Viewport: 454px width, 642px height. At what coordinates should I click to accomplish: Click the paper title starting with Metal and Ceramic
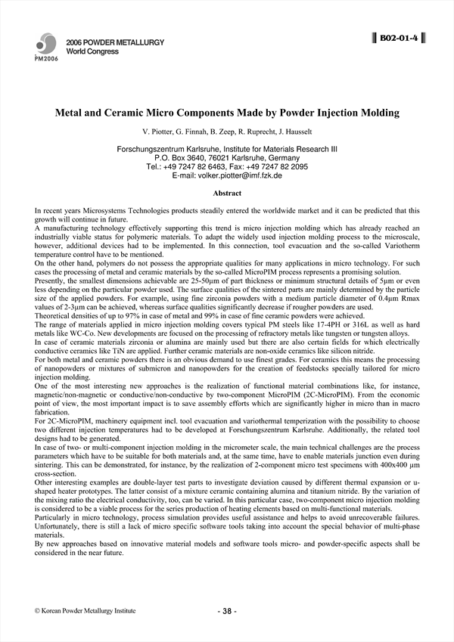pyautogui.click(x=227, y=113)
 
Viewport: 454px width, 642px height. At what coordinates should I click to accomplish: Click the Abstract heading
pyautogui.click(x=227, y=194)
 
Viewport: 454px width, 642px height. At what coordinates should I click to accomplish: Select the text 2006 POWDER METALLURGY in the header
pyautogui.click(x=115, y=42)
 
